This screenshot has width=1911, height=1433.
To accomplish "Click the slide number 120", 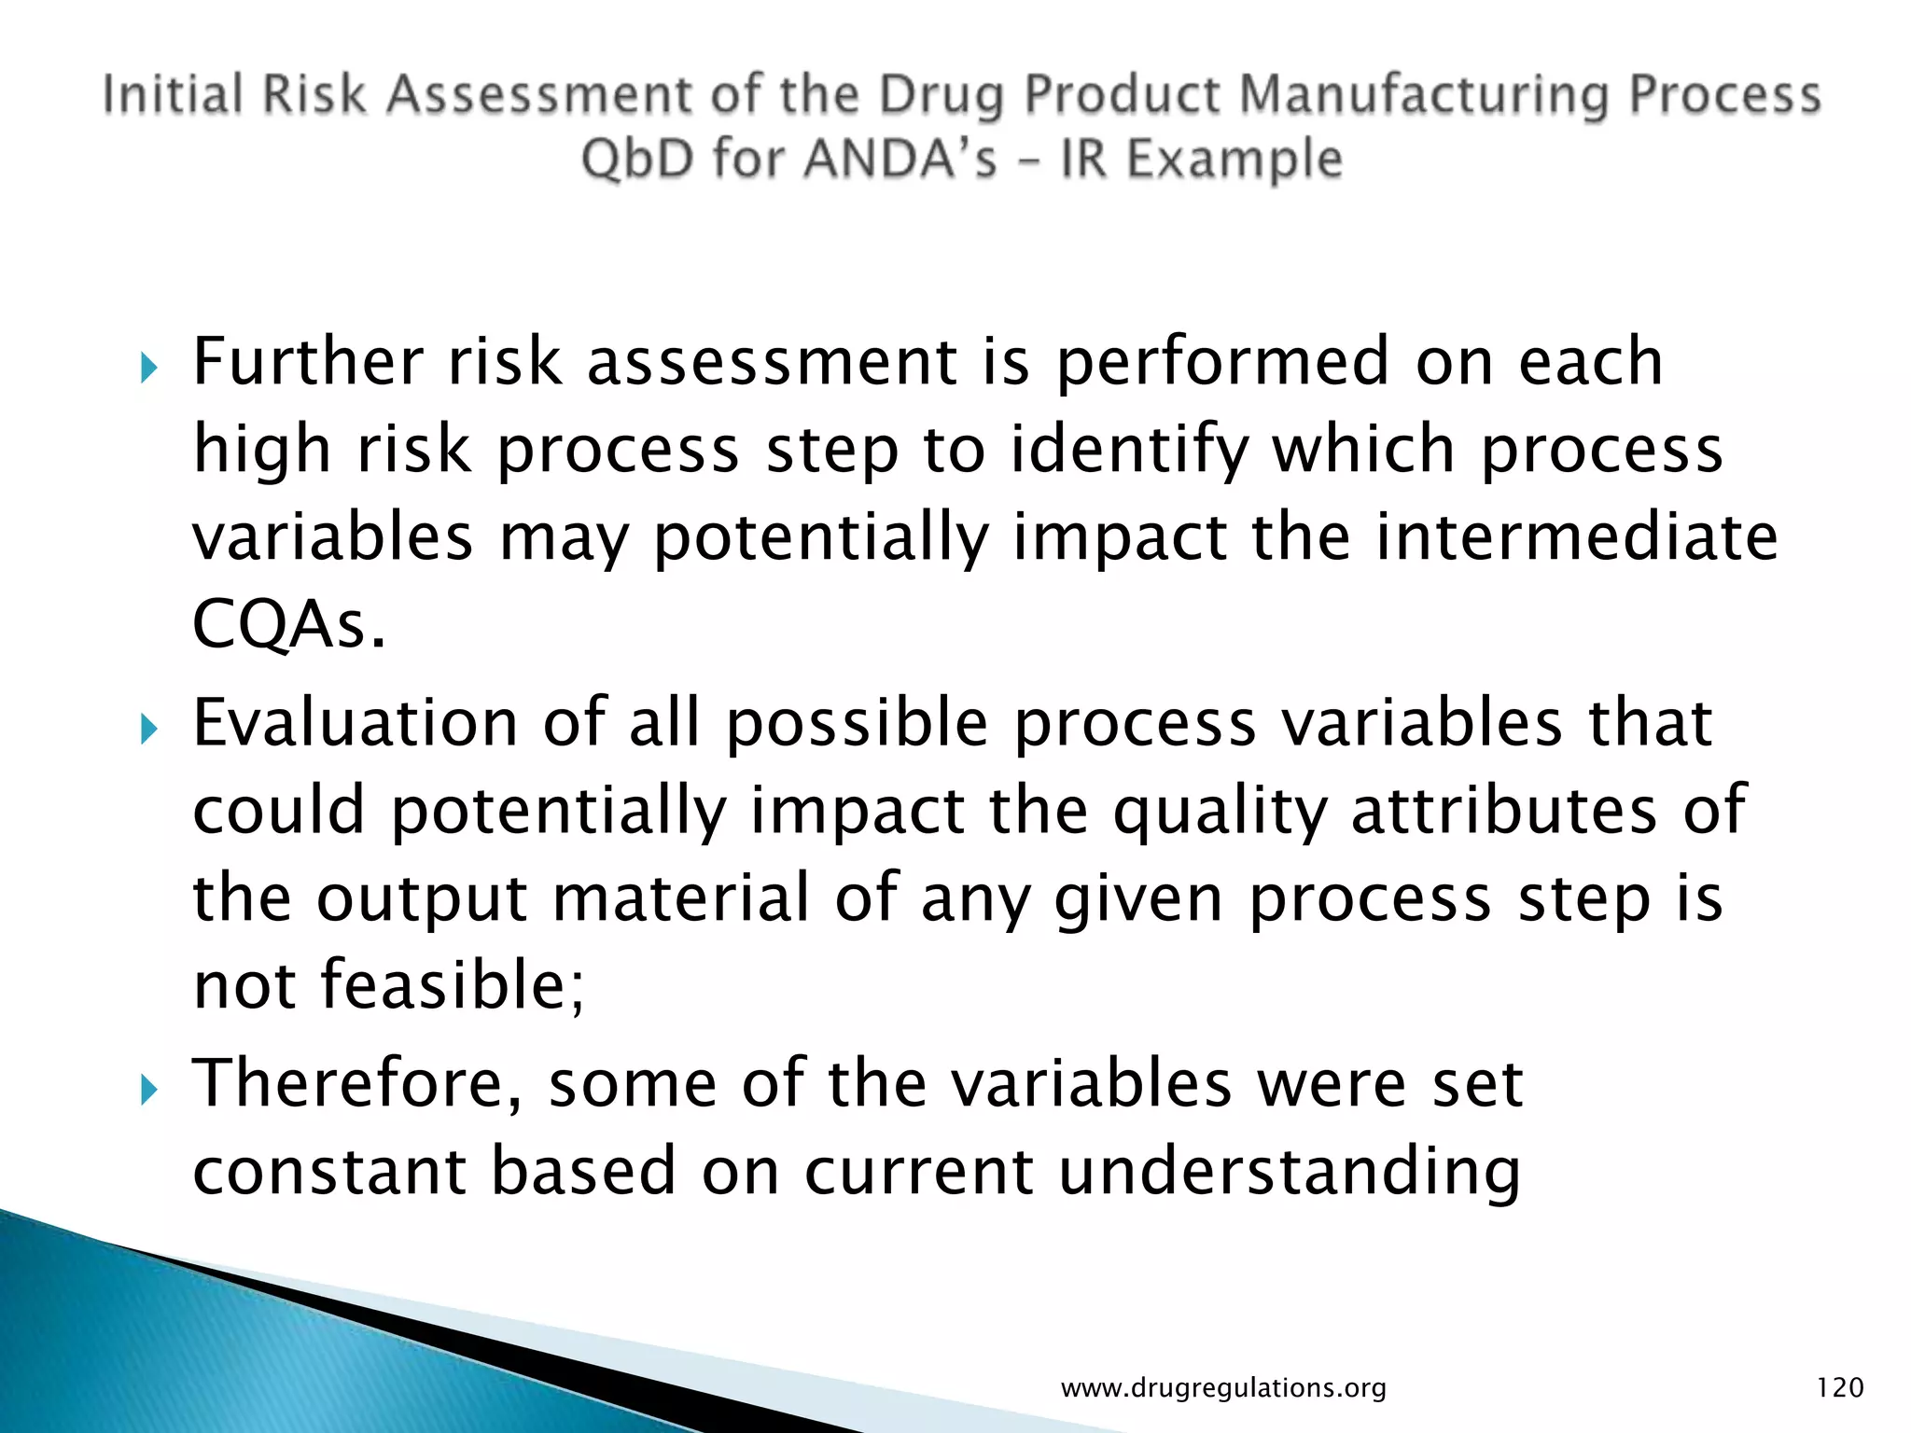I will (1839, 1387).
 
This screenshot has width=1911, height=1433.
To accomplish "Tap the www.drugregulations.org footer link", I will (1223, 1388).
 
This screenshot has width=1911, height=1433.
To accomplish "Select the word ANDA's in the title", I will (900, 158).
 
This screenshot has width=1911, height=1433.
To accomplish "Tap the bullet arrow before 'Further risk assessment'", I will (149, 368).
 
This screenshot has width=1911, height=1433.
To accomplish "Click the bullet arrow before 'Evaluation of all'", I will (149, 729).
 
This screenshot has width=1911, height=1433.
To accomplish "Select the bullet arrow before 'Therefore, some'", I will (149, 1089).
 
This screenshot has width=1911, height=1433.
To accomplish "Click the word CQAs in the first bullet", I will (288, 624).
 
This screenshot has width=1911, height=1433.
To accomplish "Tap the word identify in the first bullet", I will (1128, 450).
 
